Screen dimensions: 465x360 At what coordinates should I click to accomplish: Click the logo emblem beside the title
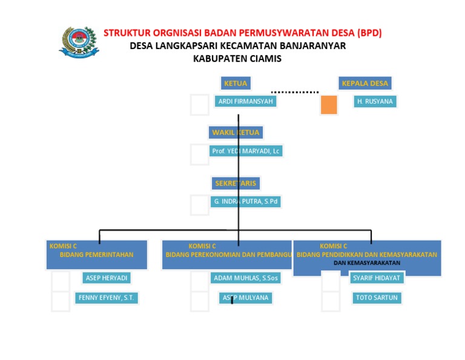pyautogui.click(x=79, y=41)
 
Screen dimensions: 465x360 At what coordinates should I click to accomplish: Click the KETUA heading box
pyautogui.click(x=236, y=83)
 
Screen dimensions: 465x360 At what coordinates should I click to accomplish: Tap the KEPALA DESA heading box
pyautogui.click(x=365, y=83)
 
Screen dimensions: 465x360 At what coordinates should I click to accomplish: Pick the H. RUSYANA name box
pyautogui.click(x=375, y=101)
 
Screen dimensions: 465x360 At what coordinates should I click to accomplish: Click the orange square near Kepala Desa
pyautogui.click(x=329, y=105)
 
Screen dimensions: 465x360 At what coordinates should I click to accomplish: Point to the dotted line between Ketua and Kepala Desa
pyautogui.click(x=295, y=92)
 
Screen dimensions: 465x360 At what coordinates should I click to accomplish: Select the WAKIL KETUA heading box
pyautogui.click(x=236, y=132)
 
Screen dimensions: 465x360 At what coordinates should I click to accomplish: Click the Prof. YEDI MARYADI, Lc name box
pyautogui.click(x=246, y=151)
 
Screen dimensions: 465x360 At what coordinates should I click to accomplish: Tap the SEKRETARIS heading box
pyautogui.click(x=236, y=183)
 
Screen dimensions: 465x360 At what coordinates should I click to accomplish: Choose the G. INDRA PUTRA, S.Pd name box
pyautogui.click(x=246, y=201)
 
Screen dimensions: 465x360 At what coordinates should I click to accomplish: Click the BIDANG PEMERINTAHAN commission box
pyautogui.click(x=97, y=255)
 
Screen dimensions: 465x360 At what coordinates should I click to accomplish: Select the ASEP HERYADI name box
pyautogui.click(x=107, y=278)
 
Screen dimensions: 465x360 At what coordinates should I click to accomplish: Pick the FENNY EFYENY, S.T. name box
pyautogui.click(x=107, y=298)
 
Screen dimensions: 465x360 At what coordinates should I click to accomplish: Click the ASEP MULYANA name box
pyautogui.click(x=245, y=298)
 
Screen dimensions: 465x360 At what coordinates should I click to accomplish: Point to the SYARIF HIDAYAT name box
pyautogui.click(x=376, y=278)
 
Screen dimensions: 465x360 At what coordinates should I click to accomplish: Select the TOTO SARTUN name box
pyautogui.click(x=376, y=298)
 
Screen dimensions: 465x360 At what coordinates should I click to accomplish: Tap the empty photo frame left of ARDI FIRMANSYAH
pyautogui.click(x=199, y=105)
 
